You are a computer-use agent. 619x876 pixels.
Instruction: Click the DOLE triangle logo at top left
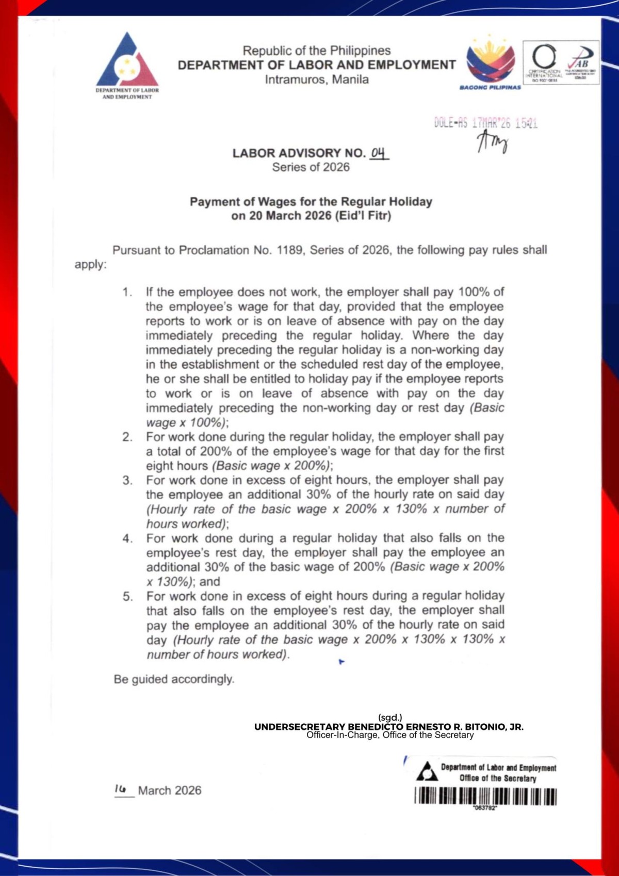[x=127, y=60]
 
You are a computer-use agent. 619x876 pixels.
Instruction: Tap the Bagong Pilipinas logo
[x=490, y=60]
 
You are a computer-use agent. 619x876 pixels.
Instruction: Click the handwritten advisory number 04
[x=378, y=153]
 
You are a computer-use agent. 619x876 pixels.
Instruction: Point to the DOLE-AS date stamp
[x=485, y=123]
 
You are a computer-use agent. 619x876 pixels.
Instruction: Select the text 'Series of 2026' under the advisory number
[x=311, y=167]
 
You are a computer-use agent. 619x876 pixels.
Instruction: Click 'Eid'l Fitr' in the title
[x=363, y=216]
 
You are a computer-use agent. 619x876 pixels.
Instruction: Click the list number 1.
[x=127, y=292]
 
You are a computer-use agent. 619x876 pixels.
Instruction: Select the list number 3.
[x=127, y=481]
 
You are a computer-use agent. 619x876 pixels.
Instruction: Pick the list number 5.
[x=127, y=597]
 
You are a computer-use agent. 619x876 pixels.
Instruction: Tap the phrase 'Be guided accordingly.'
[x=174, y=679]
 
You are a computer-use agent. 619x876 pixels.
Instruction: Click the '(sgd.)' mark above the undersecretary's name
[x=390, y=718]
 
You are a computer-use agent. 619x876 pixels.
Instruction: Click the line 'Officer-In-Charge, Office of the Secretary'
[x=390, y=735]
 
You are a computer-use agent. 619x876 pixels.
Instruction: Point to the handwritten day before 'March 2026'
[x=121, y=789]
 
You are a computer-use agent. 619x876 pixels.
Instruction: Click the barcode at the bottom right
[x=485, y=797]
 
